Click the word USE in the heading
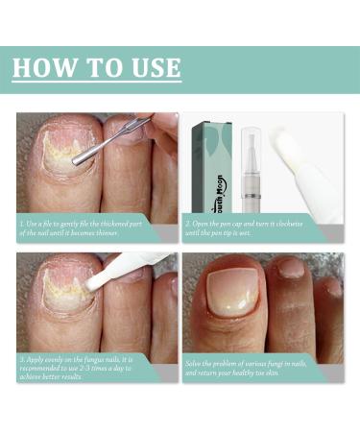[150, 68]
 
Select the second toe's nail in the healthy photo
[293, 272]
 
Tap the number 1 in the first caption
[22, 222]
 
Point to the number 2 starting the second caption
[189, 222]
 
